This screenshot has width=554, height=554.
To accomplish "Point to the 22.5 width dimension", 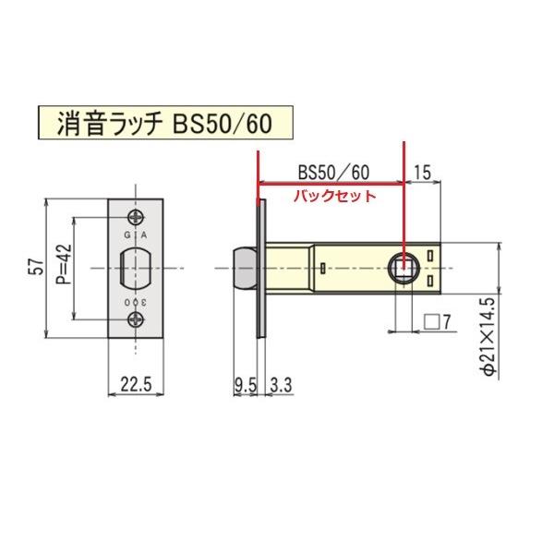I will click(136, 386).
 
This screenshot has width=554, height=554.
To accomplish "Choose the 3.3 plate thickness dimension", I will click(278, 386).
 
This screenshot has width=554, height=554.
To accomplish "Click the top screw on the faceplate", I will click(137, 217).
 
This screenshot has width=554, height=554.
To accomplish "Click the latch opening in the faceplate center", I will click(137, 268).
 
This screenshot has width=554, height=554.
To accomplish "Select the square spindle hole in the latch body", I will click(405, 268).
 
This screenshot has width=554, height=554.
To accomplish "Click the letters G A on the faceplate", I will click(137, 235).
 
